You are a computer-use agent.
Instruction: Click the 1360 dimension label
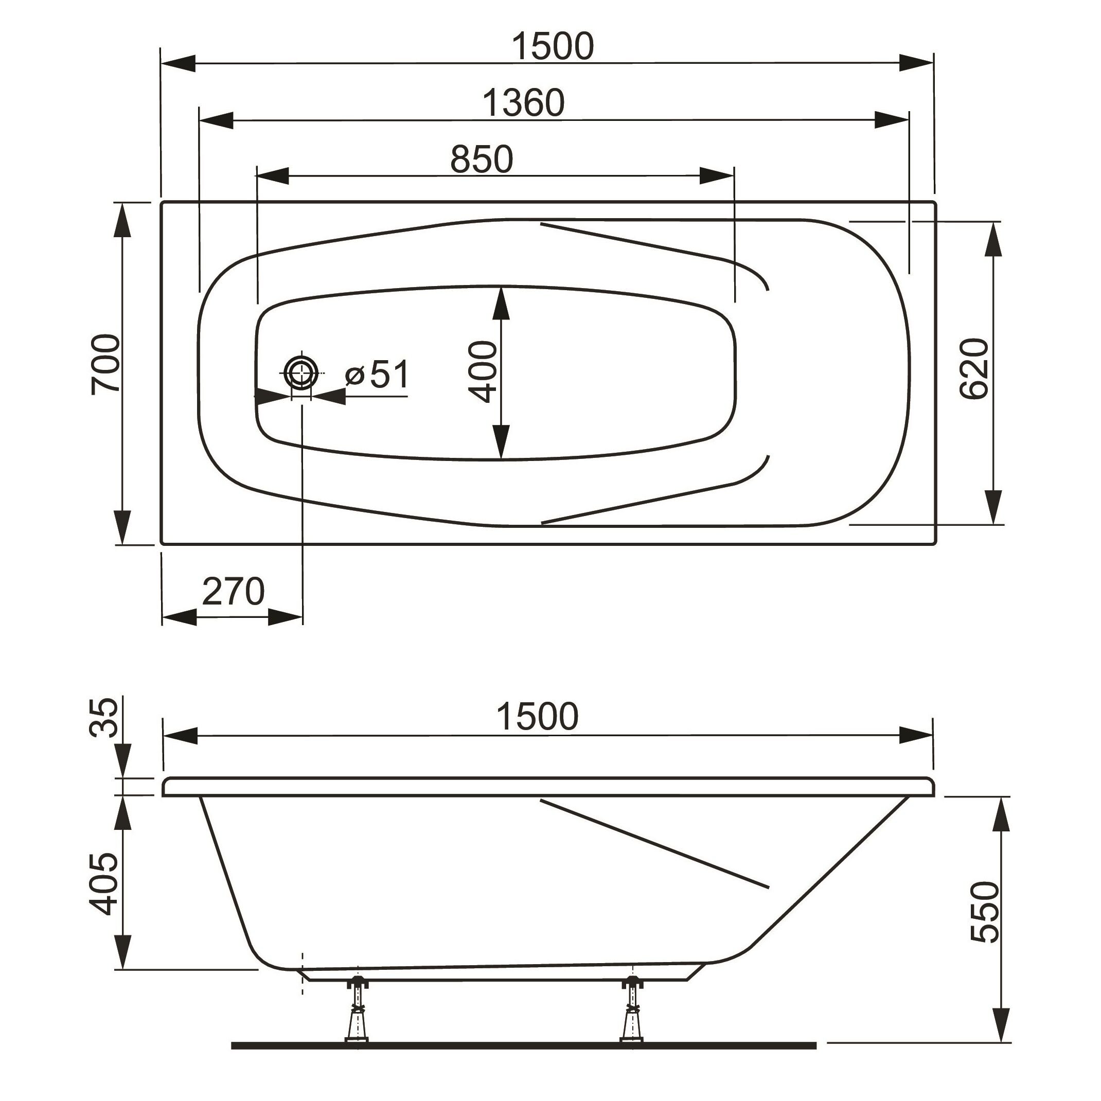pos(524,103)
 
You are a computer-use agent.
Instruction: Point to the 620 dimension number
pos(973,368)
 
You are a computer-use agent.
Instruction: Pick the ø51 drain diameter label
pos(377,375)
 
